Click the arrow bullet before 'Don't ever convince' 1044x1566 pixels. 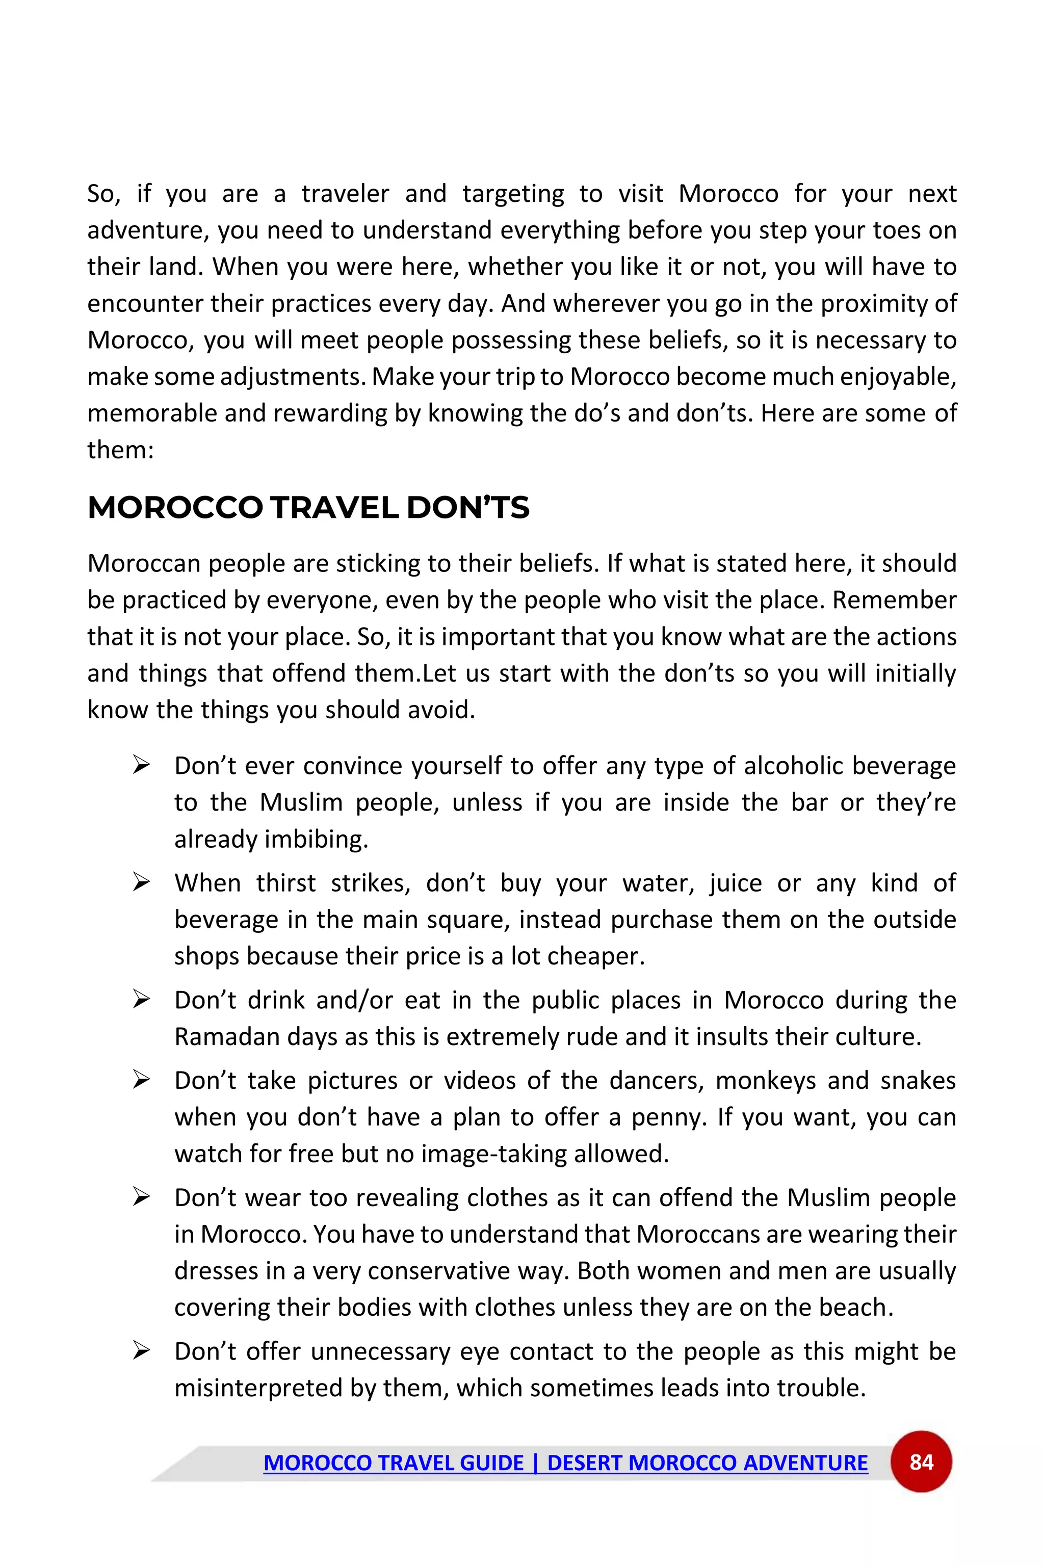[141, 766]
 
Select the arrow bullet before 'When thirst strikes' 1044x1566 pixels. [141, 883]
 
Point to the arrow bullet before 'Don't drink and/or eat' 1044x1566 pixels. [141, 1000]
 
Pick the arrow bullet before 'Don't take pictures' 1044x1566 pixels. [141, 1080]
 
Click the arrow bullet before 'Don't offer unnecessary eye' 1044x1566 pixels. [141, 1351]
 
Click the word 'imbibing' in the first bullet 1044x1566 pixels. [316, 839]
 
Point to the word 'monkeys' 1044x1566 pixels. [765, 1080]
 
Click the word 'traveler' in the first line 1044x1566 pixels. [345, 194]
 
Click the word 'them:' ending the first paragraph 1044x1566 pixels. [120, 450]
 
